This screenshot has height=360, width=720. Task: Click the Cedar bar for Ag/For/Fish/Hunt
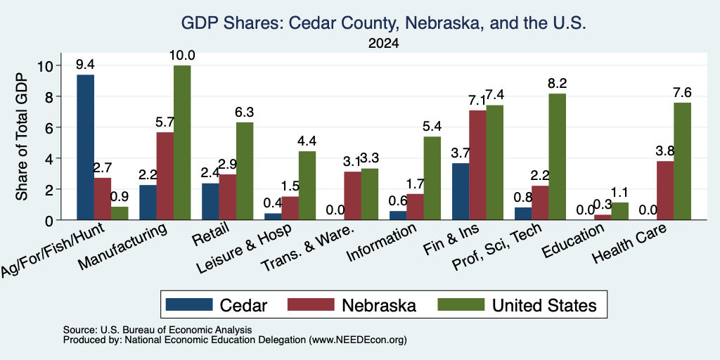click(x=85, y=148)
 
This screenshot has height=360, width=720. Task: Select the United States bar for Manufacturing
click(x=182, y=143)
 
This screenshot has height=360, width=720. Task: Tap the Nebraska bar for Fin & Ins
click(x=477, y=165)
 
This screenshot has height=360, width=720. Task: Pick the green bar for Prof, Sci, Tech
click(x=558, y=157)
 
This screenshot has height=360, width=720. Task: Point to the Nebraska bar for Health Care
click(x=665, y=191)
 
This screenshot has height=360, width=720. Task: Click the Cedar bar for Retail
click(x=211, y=202)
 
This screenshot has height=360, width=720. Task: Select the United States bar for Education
click(x=620, y=211)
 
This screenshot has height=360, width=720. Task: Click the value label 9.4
click(x=85, y=65)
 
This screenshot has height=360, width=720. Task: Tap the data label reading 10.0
click(x=182, y=56)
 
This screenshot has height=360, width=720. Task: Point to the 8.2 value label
click(x=558, y=84)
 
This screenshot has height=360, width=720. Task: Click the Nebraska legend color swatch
click(x=311, y=304)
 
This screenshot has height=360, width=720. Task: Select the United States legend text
click(x=544, y=305)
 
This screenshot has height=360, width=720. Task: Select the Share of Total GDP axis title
click(x=22, y=137)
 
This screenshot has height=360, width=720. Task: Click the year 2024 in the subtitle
click(x=383, y=44)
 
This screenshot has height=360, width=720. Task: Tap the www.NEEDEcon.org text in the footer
click(x=358, y=340)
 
